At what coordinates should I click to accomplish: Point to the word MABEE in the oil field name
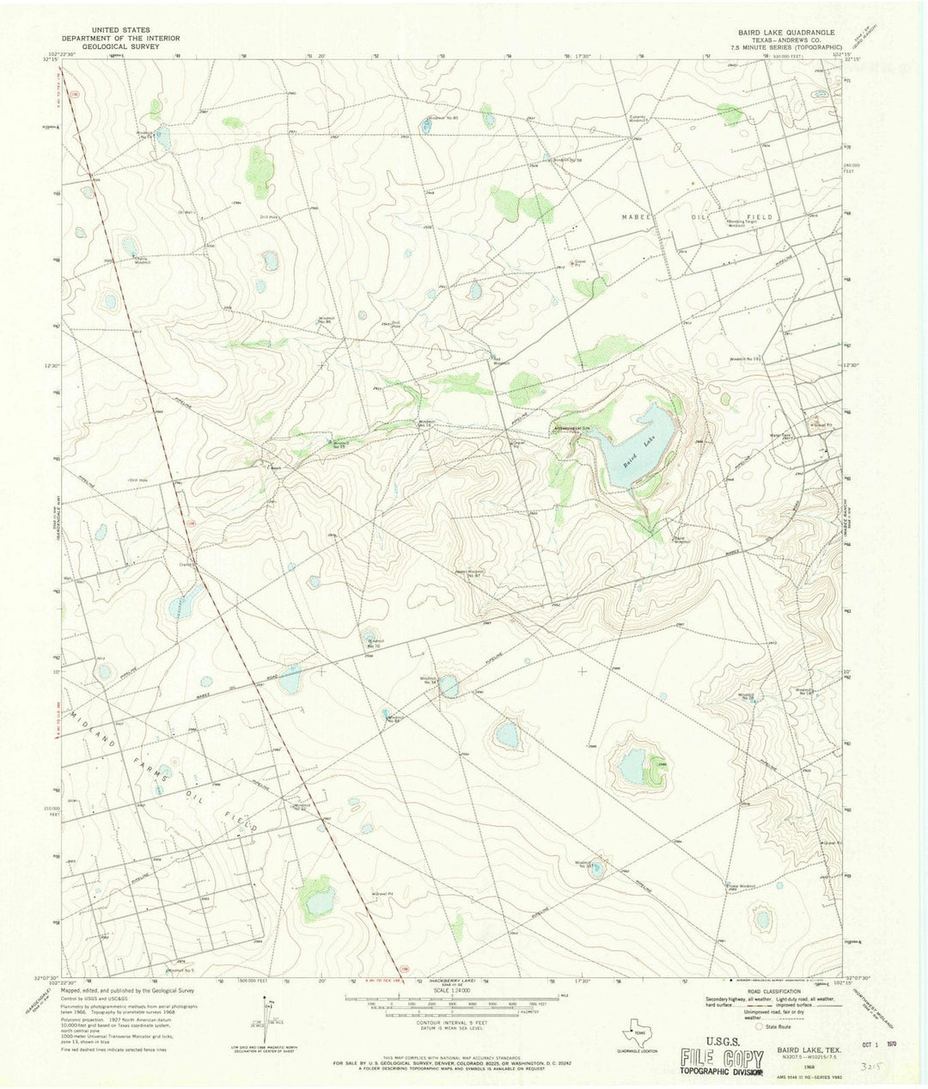coord(638,217)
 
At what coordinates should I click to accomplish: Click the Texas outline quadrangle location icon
coord(637,1016)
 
